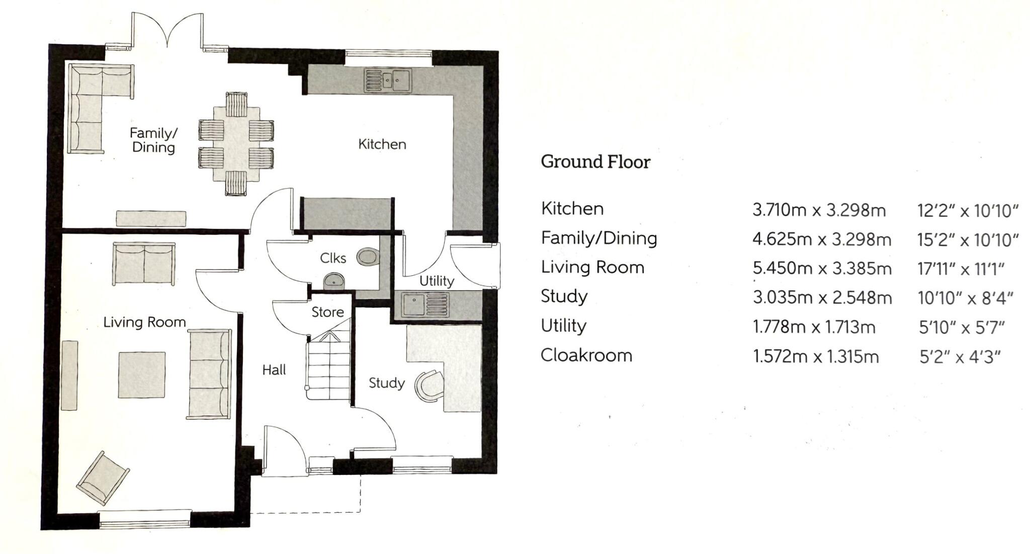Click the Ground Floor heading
click(595, 162)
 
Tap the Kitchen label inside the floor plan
click(382, 144)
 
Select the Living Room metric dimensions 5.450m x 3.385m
click(822, 268)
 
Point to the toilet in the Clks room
click(367, 257)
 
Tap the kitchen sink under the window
click(387, 81)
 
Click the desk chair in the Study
click(428, 386)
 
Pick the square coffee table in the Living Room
click(142, 375)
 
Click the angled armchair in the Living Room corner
click(103, 478)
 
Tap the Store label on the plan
click(327, 312)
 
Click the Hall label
click(274, 370)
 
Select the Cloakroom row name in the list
click(586, 355)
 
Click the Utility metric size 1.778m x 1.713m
click(814, 327)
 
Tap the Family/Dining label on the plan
click(153, 140)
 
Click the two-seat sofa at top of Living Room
click(144, 264)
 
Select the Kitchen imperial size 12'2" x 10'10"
click(968, 210)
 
